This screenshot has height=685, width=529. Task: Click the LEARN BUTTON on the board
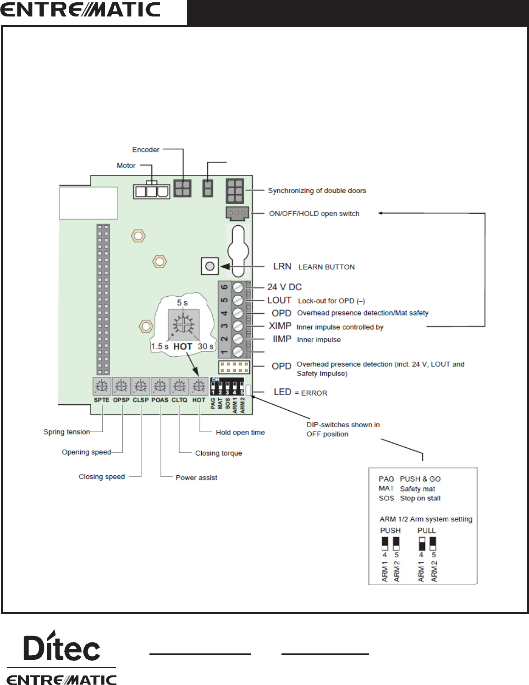tap(209, 266)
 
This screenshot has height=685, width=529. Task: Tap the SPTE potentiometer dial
tap(102, 386)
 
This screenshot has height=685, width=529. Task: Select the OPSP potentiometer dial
tap(121, 386)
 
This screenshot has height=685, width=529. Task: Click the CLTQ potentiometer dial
tap(179, 386)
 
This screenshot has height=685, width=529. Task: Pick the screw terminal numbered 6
tap(238, 288)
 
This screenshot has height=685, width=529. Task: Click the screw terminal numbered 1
tap(238, 352)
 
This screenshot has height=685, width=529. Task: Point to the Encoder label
tap(146, 150)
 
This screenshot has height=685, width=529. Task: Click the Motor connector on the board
tap(151, 190)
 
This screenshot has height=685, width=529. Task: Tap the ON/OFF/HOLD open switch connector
tap(237, 213)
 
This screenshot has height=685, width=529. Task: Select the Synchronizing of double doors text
tap(317, 190)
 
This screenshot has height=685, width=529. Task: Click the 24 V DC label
tap(284, 287)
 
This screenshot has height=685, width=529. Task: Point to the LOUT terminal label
tap(279, 300)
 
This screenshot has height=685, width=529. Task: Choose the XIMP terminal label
tap(280, 326)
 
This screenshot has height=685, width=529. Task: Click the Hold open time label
tap(240, 432)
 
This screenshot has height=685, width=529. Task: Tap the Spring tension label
tap(66, 432)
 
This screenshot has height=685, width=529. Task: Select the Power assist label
tap(196, 478)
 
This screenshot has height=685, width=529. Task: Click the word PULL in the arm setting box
tap(426, 530)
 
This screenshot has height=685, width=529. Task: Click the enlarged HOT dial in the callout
tap(183, 325)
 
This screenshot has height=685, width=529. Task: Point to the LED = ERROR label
tap(300, 392)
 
